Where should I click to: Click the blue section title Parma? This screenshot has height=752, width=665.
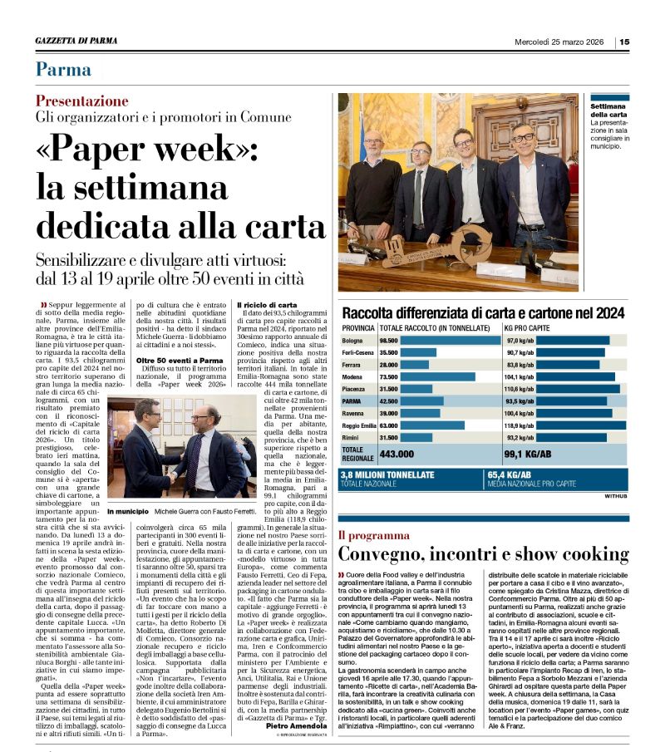point(63,69)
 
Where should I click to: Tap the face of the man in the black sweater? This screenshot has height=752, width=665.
point(374,142)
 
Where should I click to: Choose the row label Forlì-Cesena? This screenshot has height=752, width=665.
point(358,352)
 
